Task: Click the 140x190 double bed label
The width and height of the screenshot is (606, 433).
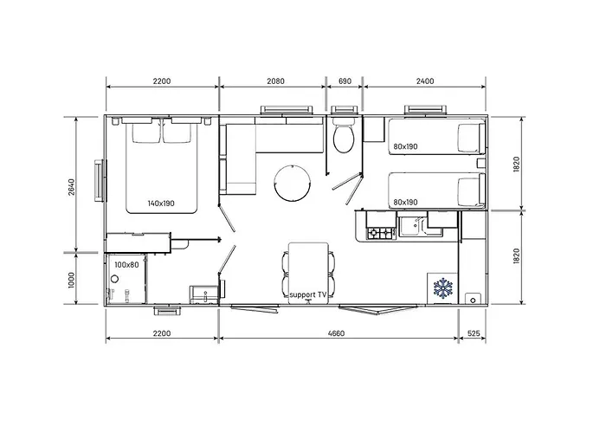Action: click(x=161, y=204)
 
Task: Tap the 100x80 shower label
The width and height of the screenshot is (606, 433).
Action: click(x=126, y=265)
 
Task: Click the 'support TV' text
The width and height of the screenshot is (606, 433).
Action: click(x=308, y=295)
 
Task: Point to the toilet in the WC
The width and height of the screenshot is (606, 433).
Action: click(x=342, y=138)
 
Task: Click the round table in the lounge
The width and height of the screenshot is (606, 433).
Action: click(x=290, y=182)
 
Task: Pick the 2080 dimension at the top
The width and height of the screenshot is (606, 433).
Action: click(x=274, y=81)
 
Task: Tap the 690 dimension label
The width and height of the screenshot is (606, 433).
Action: click(x=344, y=81)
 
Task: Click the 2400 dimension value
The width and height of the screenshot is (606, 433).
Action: click(x=425, y=81)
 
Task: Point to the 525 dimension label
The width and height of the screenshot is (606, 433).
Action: click(x=474, y=333)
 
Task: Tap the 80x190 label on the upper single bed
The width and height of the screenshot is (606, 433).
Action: click(x=405, y=146)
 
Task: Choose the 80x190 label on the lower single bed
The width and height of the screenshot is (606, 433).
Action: click(x=405, y=203)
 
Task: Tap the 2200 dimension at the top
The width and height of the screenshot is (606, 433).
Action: click(x=161, y=81)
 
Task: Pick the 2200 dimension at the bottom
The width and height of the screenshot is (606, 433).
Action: click(x=161, y=333)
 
